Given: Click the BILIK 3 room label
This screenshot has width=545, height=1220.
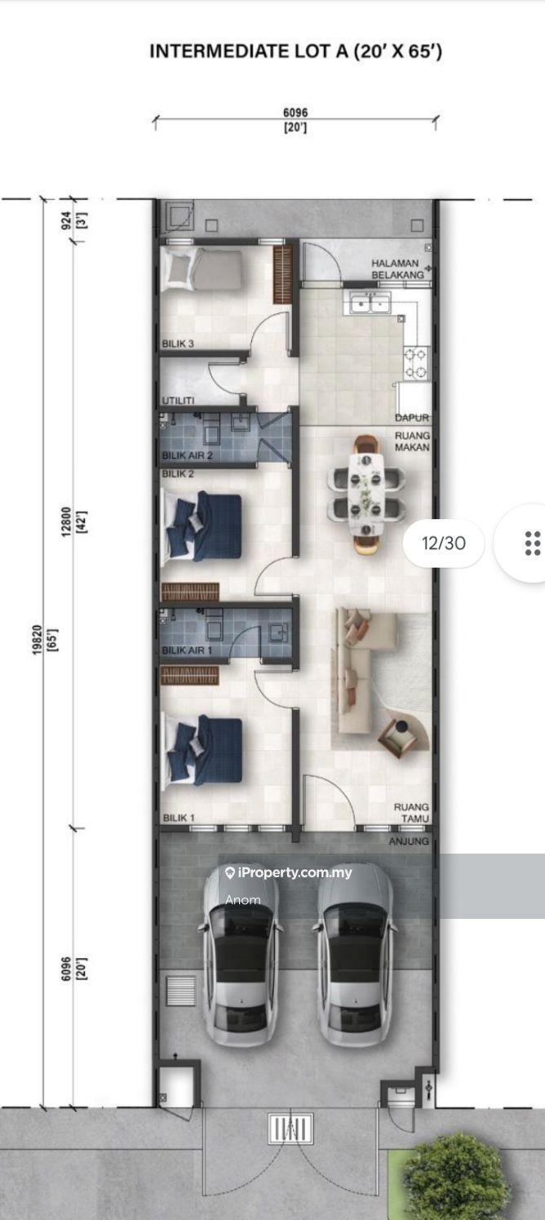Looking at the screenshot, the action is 178,344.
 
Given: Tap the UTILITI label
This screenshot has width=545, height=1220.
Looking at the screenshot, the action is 178,401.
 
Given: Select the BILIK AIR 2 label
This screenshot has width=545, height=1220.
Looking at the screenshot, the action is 187,455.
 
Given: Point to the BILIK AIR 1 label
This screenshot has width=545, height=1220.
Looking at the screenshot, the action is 187,650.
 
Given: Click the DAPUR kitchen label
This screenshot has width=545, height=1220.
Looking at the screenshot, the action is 412,418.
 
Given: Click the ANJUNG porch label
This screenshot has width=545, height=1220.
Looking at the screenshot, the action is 409,841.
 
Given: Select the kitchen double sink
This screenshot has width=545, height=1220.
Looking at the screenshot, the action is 370,302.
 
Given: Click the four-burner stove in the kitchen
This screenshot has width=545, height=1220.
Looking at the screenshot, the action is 415,363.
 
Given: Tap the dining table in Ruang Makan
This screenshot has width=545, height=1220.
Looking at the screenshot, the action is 366,493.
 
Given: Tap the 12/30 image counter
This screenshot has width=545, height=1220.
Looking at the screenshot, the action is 444,543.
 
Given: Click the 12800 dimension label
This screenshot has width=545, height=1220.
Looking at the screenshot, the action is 66,521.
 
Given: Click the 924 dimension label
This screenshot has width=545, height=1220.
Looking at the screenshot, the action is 66,220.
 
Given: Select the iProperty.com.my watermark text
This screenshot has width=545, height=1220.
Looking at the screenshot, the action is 289,872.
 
